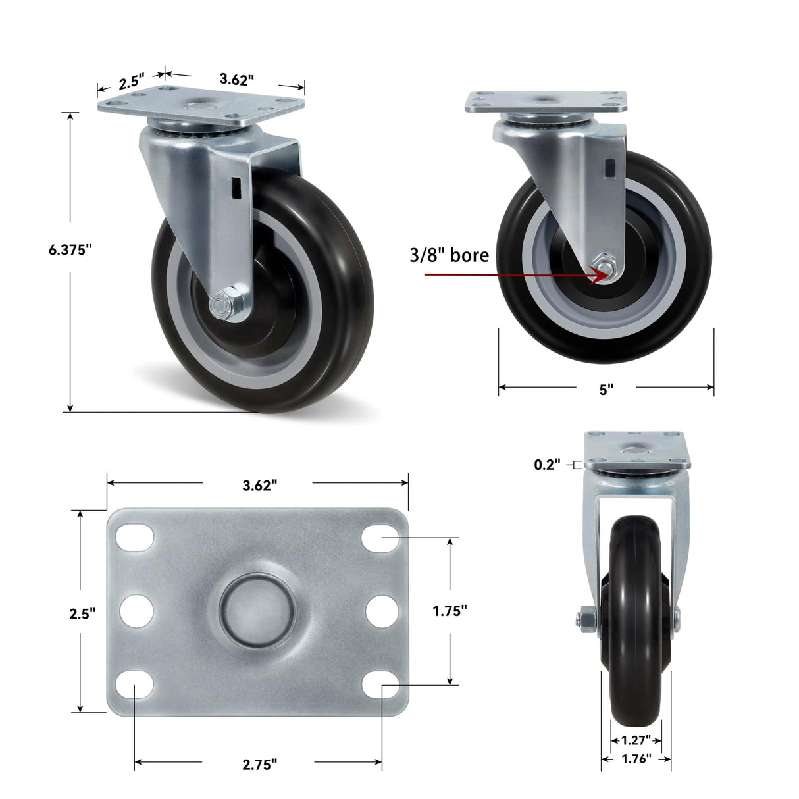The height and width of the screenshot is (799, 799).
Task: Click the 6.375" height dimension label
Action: [70, 249]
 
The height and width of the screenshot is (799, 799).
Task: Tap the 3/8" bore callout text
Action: [450, 255]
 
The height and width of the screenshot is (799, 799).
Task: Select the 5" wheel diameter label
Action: [606, 389]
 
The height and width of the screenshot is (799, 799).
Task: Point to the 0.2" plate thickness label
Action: [546, 465]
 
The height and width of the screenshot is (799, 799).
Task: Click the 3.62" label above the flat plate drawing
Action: [259, 485]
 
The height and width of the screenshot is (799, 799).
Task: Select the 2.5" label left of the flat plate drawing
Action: [83, 613]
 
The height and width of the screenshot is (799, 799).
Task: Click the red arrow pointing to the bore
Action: [513, 274]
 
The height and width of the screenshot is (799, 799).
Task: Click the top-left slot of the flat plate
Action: [135, 538]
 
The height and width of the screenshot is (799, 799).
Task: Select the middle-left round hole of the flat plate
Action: [137, 611]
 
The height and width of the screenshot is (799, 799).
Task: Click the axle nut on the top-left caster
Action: [219, 305]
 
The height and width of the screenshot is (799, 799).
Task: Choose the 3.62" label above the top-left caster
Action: [236, 80]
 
